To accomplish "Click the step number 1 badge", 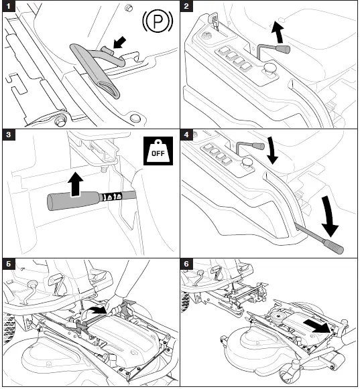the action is tap(9, 6).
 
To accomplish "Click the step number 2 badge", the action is tap(186, 6).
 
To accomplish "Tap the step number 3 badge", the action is tap(9, 135).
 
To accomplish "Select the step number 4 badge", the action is tap(186, 135).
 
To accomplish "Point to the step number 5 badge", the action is tap(9, 264).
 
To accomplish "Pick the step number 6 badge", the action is tap(186, 264).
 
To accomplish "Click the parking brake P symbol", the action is tap(158, 22).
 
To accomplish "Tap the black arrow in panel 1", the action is tap(119, 42).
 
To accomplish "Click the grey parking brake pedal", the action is tap(95, 70).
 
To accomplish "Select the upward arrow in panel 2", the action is tap(278, 31).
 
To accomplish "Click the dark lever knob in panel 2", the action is tap(283, 49).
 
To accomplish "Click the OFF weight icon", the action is tap(158, 151).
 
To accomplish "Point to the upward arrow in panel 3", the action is tap(76, 184).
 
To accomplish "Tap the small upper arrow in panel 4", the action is tap(272, 151).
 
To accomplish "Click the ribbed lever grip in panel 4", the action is tap(333, 246).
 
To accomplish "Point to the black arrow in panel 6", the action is tap(317, 326).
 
